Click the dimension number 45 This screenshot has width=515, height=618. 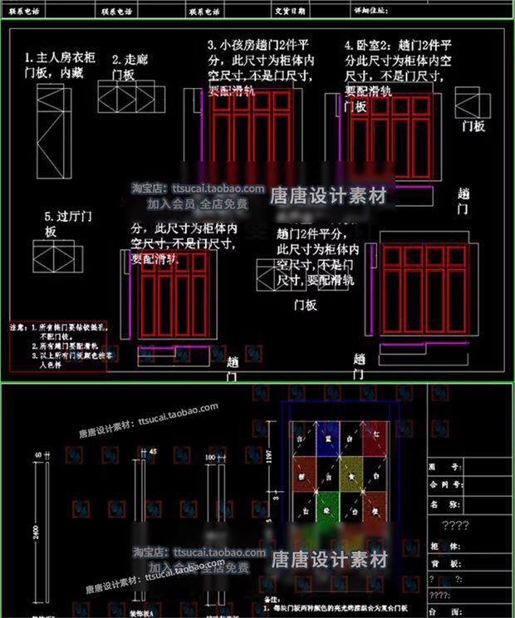click(152, 452)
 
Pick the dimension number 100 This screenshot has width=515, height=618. click(210, 458)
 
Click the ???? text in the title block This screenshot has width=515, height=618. click(456, 525)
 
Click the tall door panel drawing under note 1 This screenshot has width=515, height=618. click(53, 132)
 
